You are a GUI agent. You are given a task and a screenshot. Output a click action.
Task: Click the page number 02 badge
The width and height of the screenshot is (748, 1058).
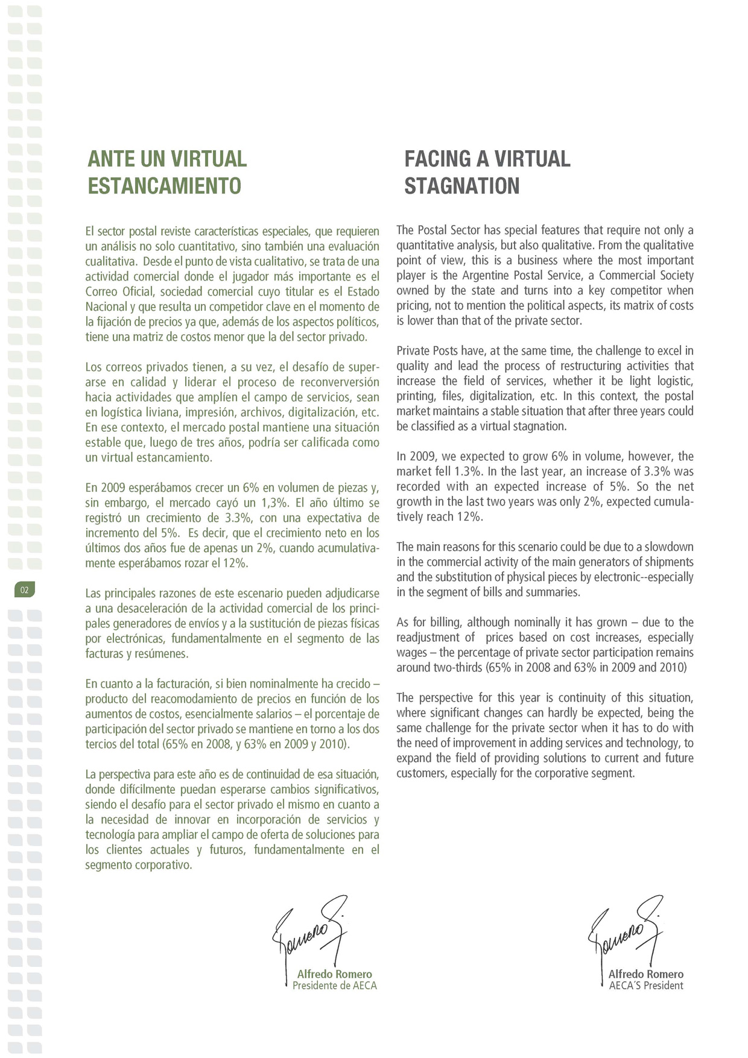coord(25,590)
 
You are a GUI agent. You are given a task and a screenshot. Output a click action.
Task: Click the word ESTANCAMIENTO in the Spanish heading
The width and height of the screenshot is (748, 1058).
coord(165,186)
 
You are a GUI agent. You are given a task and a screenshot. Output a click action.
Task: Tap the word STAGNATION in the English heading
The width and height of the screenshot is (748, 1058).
coord(461,186)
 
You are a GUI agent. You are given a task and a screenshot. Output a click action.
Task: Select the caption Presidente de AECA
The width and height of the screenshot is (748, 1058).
coord(334,986)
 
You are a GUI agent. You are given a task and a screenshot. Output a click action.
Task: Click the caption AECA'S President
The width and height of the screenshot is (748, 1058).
coord(646,986)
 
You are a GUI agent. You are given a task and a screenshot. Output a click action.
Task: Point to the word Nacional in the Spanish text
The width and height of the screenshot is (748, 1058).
coord(106,307)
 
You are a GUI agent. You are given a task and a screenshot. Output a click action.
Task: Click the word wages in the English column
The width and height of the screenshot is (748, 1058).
coord(411,653)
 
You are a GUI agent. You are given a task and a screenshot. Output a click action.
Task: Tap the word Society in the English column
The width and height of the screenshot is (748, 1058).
coord(675,276)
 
